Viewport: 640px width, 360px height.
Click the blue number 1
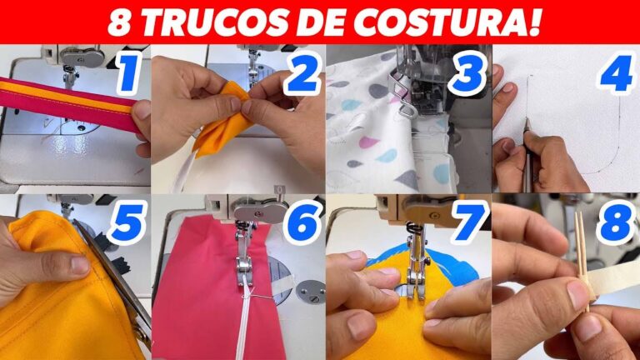point(129,73)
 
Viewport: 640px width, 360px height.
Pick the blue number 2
point(302,73)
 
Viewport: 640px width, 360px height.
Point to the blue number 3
point(467,73)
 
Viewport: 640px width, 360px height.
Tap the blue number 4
point(617,73)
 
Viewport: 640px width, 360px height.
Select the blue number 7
point(469,222)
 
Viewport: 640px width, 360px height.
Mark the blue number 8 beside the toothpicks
point(617,222)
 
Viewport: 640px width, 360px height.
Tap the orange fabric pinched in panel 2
point(222,118)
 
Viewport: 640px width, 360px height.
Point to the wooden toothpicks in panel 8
point(582,261)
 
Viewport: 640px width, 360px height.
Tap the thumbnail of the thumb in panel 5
point(80,264)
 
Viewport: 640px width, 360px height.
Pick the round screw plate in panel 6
point(311,292)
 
